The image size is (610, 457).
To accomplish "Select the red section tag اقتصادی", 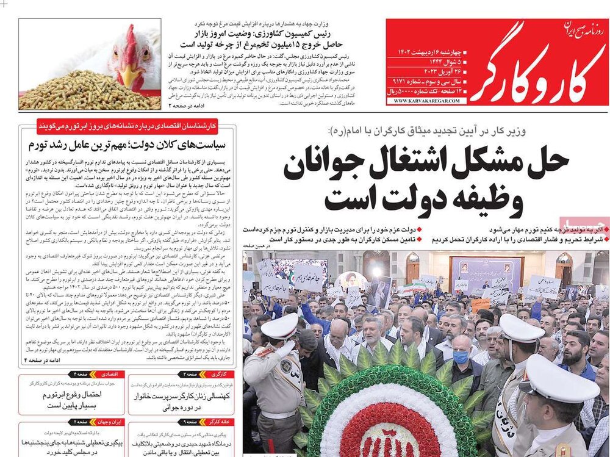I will (x=110, y=373).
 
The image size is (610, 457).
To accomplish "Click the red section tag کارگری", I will (x=213, y=373).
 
